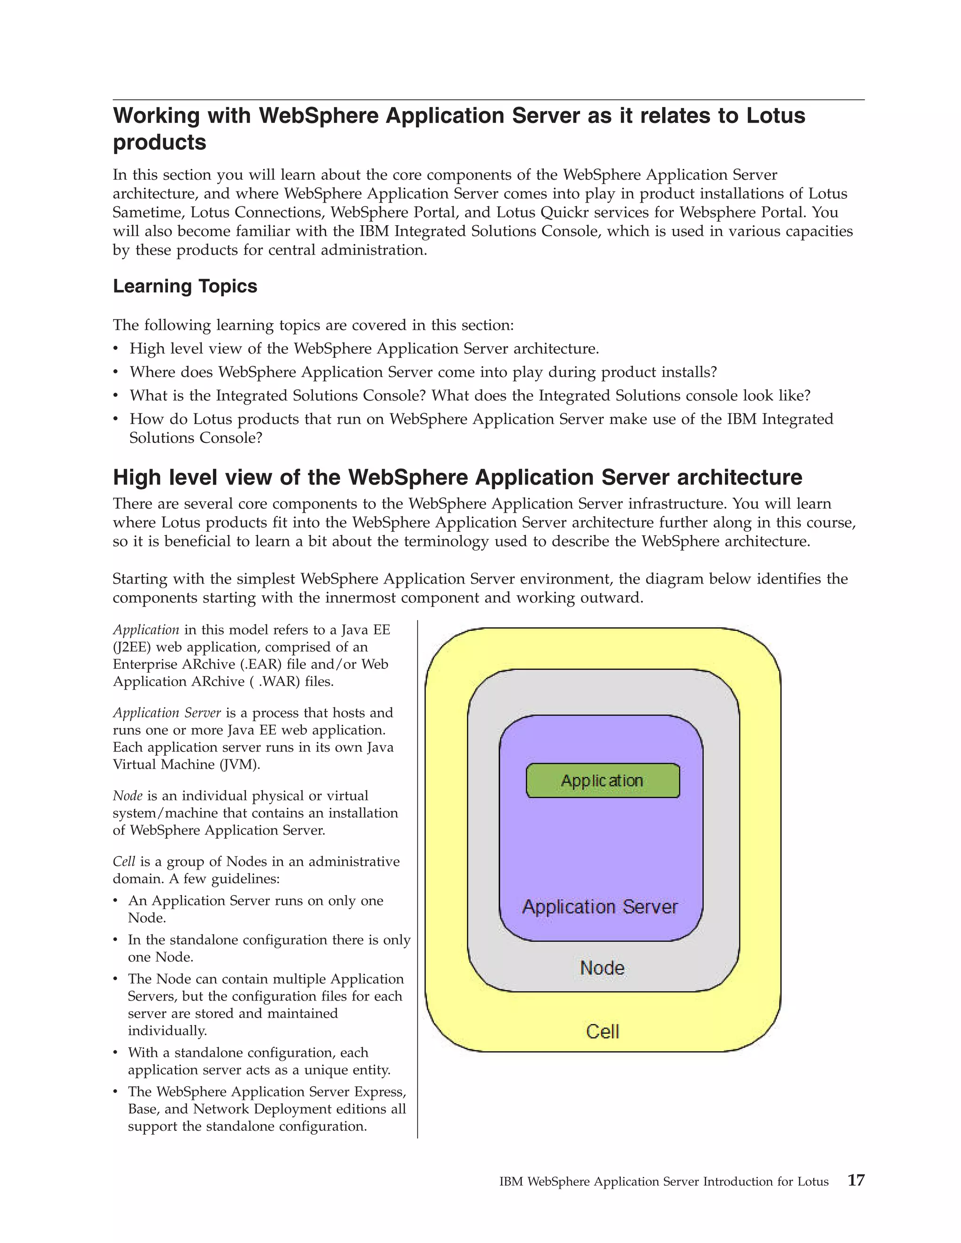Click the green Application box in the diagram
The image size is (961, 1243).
603,781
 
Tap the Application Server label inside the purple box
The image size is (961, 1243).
600,907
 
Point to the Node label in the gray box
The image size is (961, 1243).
603,968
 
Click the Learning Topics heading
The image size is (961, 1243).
185,286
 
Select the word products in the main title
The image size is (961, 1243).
160,142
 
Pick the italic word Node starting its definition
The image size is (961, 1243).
127,796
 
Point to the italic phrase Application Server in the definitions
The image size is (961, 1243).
167,712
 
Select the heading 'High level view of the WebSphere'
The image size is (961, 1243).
457,477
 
